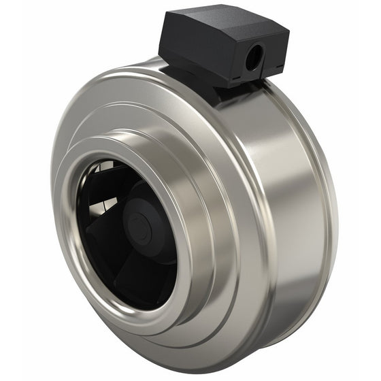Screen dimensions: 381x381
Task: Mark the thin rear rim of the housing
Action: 331,204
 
